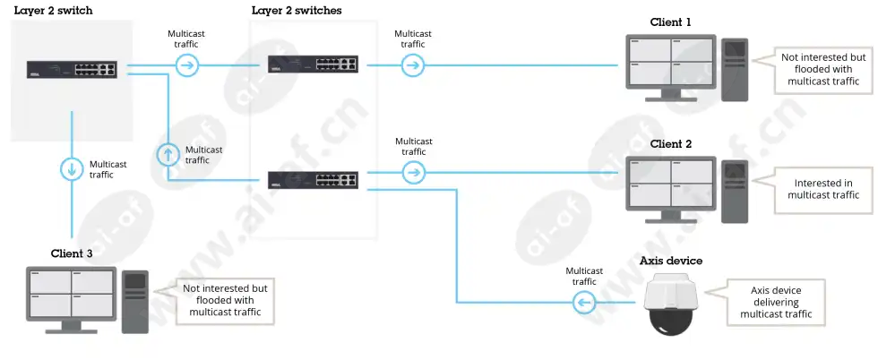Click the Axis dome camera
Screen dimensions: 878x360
click(670, 304)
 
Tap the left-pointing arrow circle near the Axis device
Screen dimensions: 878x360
click(584, 304)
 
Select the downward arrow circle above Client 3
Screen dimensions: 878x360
click(72, 169)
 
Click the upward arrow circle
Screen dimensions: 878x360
click(168, 154)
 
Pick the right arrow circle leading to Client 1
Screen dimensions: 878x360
click(413, 65)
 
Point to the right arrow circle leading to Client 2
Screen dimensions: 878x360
click(414, 173)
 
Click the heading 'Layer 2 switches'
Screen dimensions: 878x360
click(297, 11)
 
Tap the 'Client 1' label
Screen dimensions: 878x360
click(671, 22)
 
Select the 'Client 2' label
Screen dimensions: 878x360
click(671, 144)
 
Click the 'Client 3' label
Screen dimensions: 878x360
click(72, 253)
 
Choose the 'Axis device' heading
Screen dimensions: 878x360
click(671, 261)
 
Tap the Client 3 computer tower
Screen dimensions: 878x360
click(135, 302)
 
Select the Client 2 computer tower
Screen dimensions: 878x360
click(735, 192)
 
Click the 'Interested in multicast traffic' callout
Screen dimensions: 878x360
click(823, 189)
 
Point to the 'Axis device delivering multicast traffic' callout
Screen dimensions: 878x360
click(775, 303)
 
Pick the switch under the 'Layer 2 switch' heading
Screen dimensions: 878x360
click(72, 69)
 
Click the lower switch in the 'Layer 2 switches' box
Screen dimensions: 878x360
click(313, 180)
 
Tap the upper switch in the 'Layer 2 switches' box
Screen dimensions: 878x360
click(313, 64)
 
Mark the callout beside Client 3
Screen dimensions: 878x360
click(224, 300)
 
